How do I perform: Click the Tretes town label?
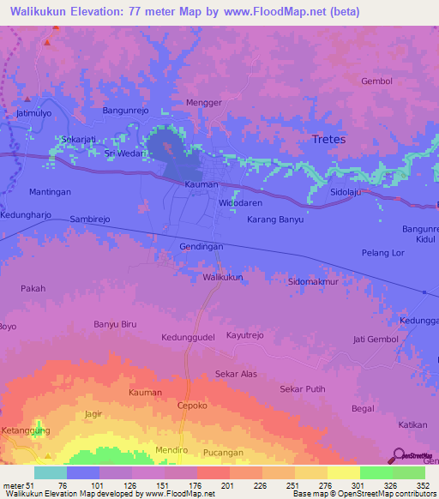click(328, 139)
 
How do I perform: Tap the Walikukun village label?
click(223, 278)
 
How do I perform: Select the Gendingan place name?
click(201, 247)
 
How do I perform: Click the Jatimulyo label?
click(35, 112)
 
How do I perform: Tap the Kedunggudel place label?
click(188, 337)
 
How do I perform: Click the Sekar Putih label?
click(303, 388)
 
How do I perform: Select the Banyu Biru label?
click(115, 324)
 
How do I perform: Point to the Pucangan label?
click(225, 452)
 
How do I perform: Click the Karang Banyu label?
click(275, 219)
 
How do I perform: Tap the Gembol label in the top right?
click(376, 81)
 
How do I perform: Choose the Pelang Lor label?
click(382, 255)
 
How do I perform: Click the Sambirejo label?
click(91, 219)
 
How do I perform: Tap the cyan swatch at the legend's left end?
click(51, 472)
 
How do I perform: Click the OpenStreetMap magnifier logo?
click(399, 456)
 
